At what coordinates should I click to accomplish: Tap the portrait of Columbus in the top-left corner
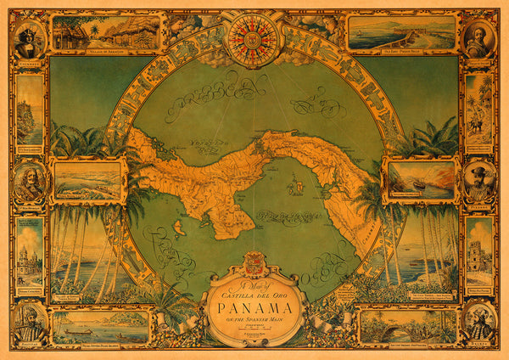click(x=28, y=38)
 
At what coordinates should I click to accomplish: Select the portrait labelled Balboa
click(x=28, y=183)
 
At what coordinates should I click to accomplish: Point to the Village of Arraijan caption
click(x=106, y=52)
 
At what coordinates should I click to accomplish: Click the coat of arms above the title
click(x=255, y=261)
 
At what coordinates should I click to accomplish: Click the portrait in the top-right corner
click(x=479, y=38)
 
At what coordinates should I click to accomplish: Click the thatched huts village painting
click(x=106, y=31)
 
